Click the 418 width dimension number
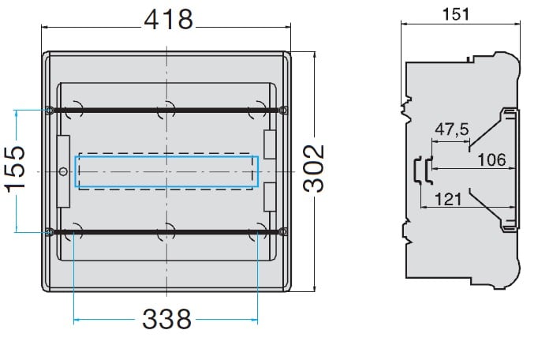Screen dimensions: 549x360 click(169, 20)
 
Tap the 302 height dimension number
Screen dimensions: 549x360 click(314, 168)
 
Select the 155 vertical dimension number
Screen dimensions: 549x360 click(16, 169)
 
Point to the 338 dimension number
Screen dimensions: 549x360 click(166, 319)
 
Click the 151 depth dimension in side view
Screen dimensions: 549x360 click(455, 14)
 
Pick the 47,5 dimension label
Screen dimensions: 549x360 click(452, 129)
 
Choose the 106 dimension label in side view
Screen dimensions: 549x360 click(492, 159)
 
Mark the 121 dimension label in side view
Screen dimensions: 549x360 click(449, 200)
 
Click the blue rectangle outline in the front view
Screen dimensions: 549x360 click(166, 156)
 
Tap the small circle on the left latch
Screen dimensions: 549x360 click(63, 172)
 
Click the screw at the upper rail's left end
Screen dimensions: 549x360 click(50, 111)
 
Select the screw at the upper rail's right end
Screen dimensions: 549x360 click(284, 111)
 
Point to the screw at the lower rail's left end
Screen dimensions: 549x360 click(50, 231)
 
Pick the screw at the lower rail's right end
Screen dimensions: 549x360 click(284, 231)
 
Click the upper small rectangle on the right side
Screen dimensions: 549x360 click(270, 144)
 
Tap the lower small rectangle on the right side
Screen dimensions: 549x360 click(270, 197)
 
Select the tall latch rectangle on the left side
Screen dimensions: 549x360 click(63, 171)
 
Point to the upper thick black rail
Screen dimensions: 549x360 click(166, 111)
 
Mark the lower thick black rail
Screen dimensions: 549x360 click(166, 231)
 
